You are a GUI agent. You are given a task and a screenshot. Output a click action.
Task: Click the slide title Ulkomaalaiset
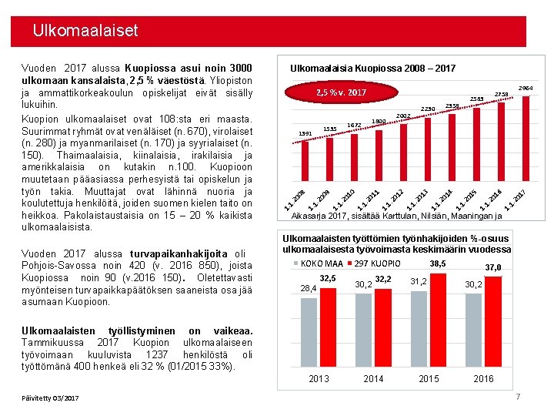pos(85,32)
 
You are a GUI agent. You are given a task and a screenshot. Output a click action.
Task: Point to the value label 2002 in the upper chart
pos(402,116)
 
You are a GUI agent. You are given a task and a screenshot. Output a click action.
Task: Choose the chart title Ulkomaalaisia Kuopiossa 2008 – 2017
pos(372,69)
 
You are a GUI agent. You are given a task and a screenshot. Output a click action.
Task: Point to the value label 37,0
pos(492,267)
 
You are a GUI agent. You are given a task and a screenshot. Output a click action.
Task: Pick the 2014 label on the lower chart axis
pos(373,378)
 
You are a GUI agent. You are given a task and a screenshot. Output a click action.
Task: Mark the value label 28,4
pos(309,289)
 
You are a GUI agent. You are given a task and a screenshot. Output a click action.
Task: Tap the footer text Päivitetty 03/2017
pos(51,398)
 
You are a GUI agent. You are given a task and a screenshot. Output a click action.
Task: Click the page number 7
pos(518,397)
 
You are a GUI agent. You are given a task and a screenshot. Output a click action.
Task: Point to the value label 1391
pos(305,133)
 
